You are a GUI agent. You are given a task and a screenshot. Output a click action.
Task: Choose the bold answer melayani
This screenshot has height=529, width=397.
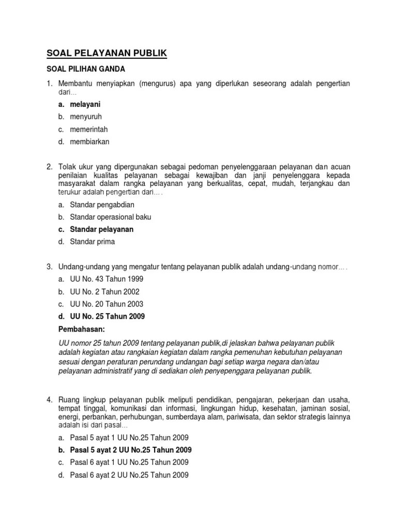click(85, 104)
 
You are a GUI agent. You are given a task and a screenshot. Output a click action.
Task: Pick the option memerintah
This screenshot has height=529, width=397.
click(89, 129)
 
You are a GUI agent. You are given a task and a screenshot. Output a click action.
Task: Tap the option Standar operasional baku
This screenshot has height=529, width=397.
click(111, 217)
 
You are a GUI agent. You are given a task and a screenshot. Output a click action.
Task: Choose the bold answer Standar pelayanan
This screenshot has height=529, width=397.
click(102, 229)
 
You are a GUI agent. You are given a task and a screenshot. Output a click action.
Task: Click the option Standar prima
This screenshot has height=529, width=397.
click(93, 241)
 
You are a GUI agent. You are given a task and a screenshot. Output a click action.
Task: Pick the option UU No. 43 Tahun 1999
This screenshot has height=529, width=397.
click(106, 279)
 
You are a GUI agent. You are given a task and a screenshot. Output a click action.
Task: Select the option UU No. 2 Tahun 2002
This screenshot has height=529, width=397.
click(104, 291)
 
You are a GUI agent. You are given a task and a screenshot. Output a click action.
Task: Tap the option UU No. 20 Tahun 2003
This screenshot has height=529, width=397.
click(106, 304)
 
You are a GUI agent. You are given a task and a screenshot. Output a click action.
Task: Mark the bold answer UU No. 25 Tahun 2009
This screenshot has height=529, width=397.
click(108, 316)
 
